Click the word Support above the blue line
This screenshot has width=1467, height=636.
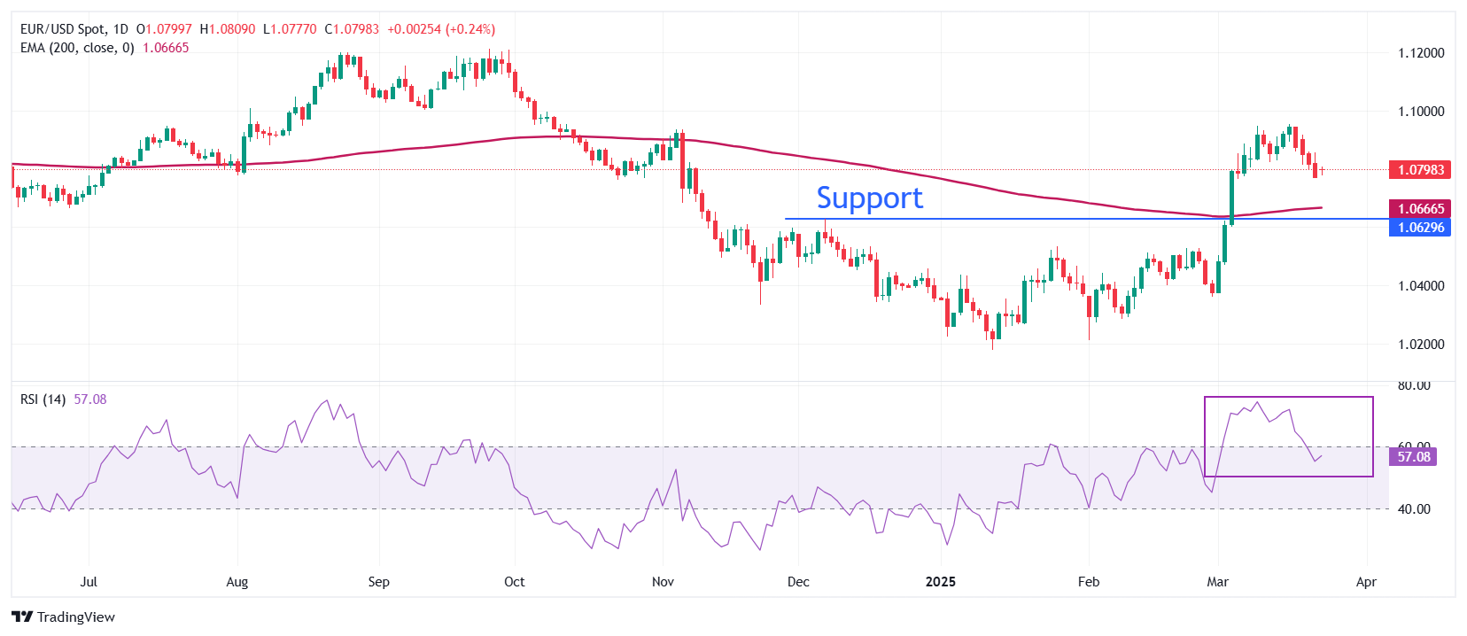[869, 198]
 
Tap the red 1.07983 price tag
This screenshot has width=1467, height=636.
[1420, 169]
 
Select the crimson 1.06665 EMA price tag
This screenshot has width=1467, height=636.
[1420, 208]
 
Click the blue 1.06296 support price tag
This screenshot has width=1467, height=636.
[1420, 228]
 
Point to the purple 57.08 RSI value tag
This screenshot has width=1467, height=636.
[1413, 457]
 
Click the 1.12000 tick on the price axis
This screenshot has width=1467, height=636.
[1420, 53]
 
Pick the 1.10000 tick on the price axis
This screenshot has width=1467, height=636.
[1420, 112]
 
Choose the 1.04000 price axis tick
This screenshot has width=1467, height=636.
[1420, 286]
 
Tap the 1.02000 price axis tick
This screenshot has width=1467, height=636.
[1420, 345]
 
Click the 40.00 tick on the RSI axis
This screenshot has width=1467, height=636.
[1414, 509]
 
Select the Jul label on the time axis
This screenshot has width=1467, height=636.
[89, 582]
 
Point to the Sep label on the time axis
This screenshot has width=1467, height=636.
[378, 582]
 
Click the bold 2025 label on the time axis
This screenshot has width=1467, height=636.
[940, 582]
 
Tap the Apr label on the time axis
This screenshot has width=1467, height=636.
[1366, 582]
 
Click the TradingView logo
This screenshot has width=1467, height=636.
[64, 617]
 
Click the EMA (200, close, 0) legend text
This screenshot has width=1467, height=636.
[77, 48]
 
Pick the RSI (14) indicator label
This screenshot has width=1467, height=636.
[43, 399]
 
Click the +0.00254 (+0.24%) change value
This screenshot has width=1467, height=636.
[441, 29]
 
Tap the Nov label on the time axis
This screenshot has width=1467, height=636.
[663, 582]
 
